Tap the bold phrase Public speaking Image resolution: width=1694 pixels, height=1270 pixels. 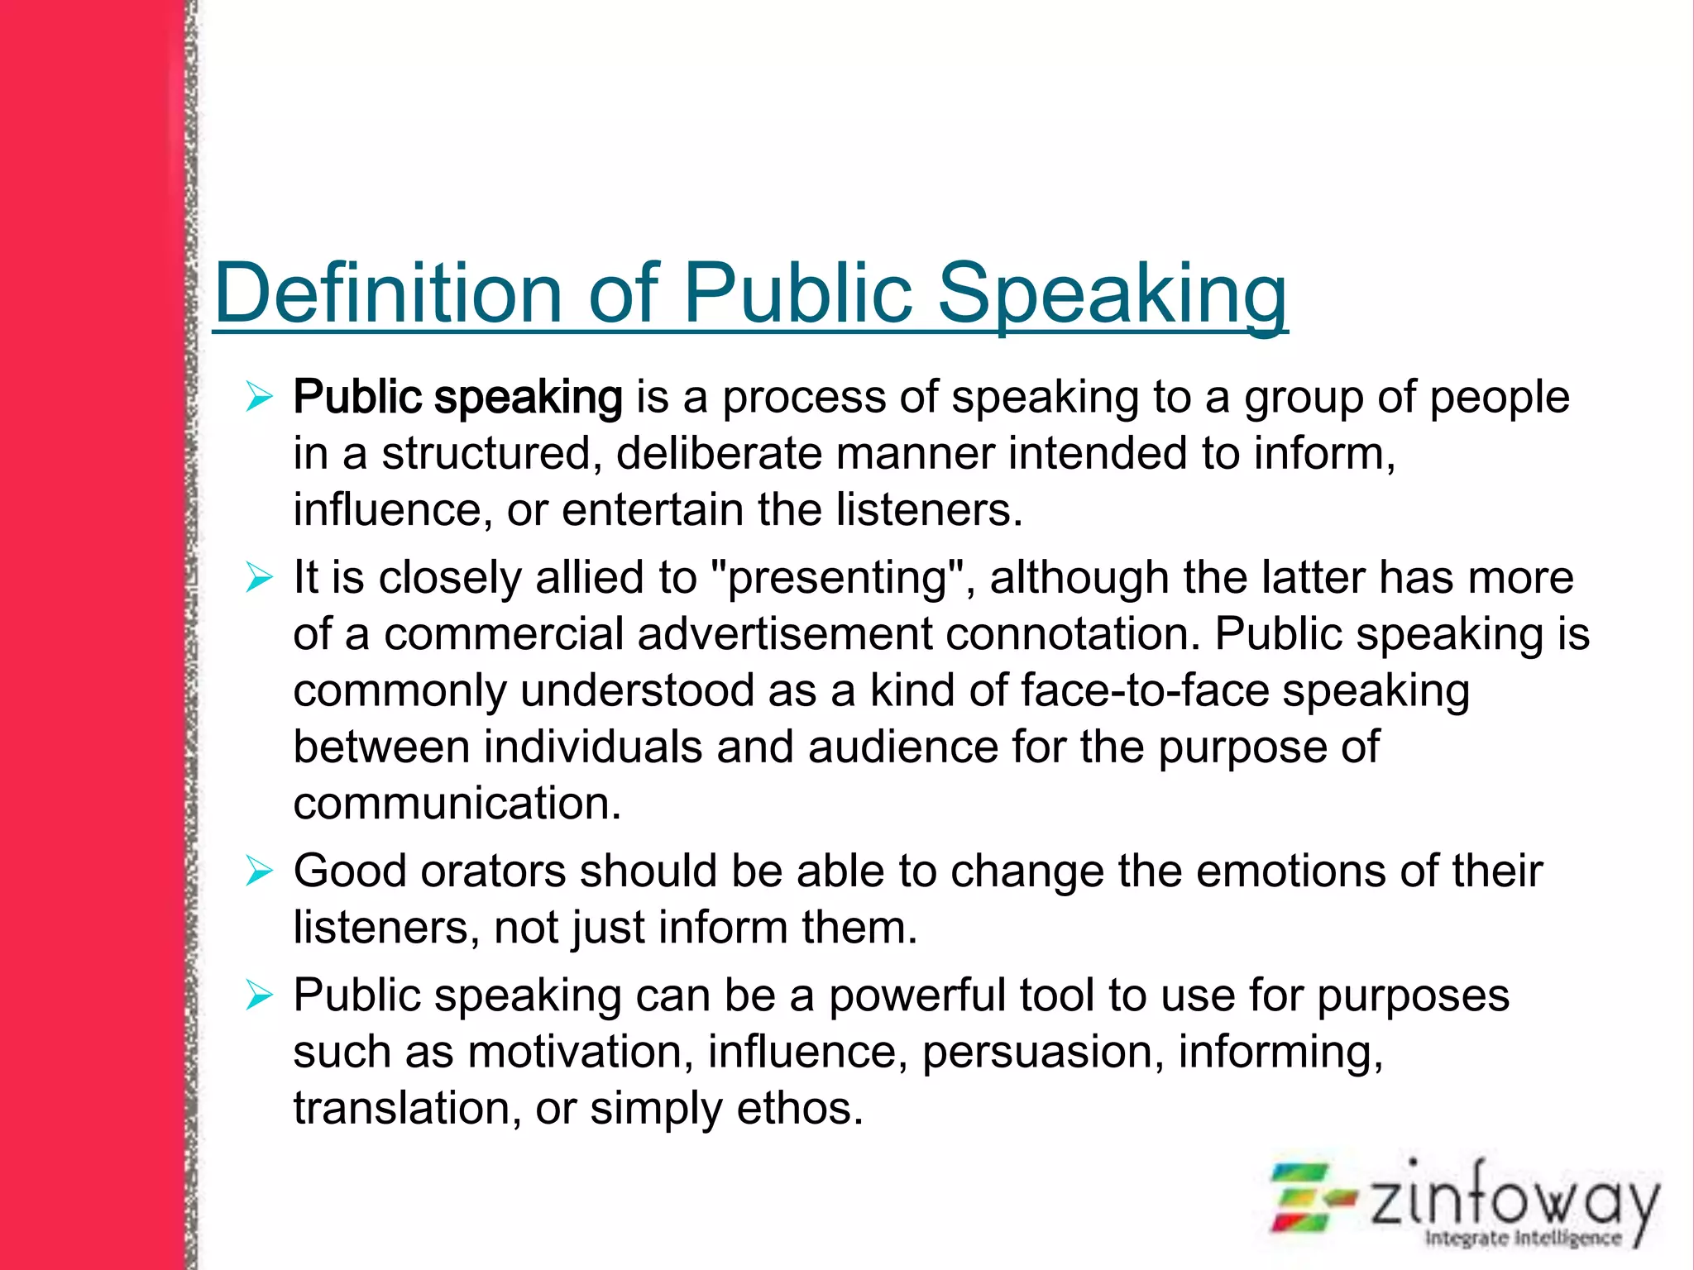tap(457, 397)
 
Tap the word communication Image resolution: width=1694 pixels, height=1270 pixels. tap(457, 803)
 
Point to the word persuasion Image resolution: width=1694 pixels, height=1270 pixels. tap(1042, 1052)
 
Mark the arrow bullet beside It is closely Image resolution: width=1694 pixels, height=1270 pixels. tap(259, 577)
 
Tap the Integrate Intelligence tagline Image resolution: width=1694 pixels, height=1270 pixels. tap(1523, 1238)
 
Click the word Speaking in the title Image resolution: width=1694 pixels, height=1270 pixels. tap(1112, 293)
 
